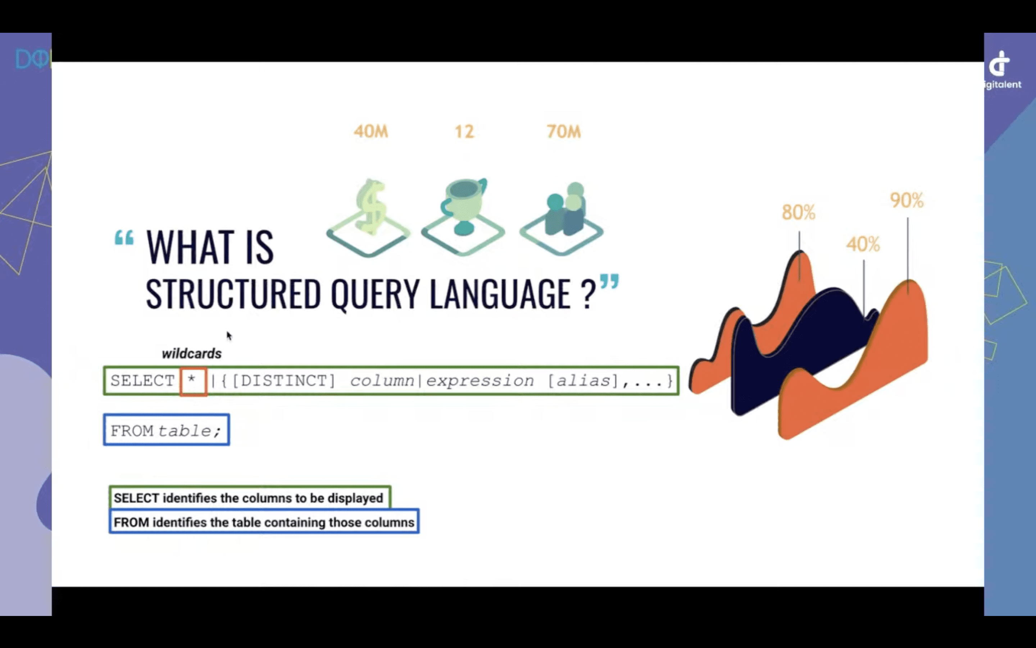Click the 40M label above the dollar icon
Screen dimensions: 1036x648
point(371,131)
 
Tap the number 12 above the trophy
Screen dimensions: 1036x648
point(464,131)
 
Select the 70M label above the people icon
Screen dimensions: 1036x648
point(564,131)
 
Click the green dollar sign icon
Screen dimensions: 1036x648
point(371,208)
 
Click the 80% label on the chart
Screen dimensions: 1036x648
point(799,212)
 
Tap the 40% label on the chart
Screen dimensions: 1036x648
point(863,244)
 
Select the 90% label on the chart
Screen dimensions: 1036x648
point(907,200)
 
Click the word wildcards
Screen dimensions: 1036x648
point(192,354)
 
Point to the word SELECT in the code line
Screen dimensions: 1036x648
point(142,381)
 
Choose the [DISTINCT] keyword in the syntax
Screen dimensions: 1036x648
point(283,381)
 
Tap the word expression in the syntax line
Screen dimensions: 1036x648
point(480,381)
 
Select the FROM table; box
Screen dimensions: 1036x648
point(167,430)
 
